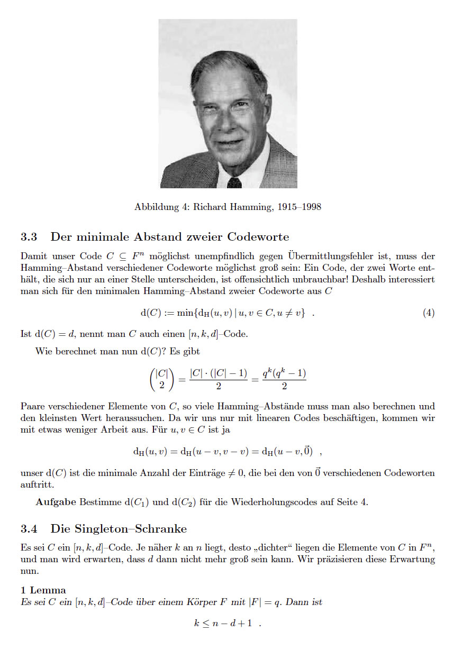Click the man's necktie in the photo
tap(234, 182)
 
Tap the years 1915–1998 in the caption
tap(299, 207)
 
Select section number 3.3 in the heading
tap(29, 236)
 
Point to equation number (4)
tap(429, 313)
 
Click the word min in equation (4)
tap(186, 313)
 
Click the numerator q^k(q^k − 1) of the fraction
tap(285, 373)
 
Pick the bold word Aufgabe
tap(56, 502)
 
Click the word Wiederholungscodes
tap(276, 502)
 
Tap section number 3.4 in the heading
tap(29, 529)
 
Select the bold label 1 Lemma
tap(43, 590)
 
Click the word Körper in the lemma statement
tap(199, 602)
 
